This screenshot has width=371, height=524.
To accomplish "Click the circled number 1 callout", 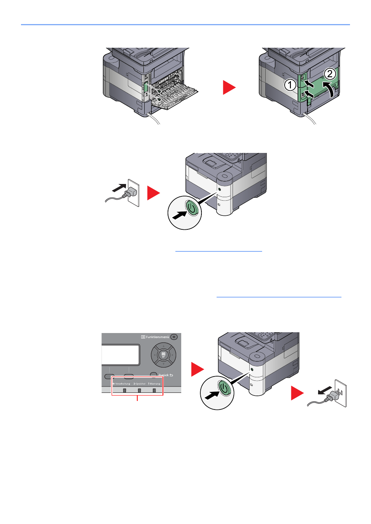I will pyautogui.click(x=290, y=85).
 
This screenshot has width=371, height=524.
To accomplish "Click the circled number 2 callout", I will pyautogui.click(x=330, y=73).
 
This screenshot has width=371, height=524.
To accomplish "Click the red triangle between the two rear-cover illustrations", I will pyautogui.click(x=229, y=87).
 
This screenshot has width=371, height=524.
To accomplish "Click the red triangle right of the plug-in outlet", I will pyautogui.click(x=153, y=193).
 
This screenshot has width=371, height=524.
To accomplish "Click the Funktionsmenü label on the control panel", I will pyautogui.click(x=157, y=337).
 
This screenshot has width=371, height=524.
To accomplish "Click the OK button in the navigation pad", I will pyautogui.click(x=163, y=354).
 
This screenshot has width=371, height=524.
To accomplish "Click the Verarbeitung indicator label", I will pyautogui.click(x=122, y=383).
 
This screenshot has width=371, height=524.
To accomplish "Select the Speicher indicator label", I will pyautogui.click(x=140, y=383).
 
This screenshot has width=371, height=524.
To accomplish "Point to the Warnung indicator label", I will pyautogui.click(x=154, y=383).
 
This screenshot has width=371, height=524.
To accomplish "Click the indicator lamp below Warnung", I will pyautogui.click(x=154, y=390).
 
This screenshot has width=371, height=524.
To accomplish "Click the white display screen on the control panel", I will pyautogui.click(x=121, y=354).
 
